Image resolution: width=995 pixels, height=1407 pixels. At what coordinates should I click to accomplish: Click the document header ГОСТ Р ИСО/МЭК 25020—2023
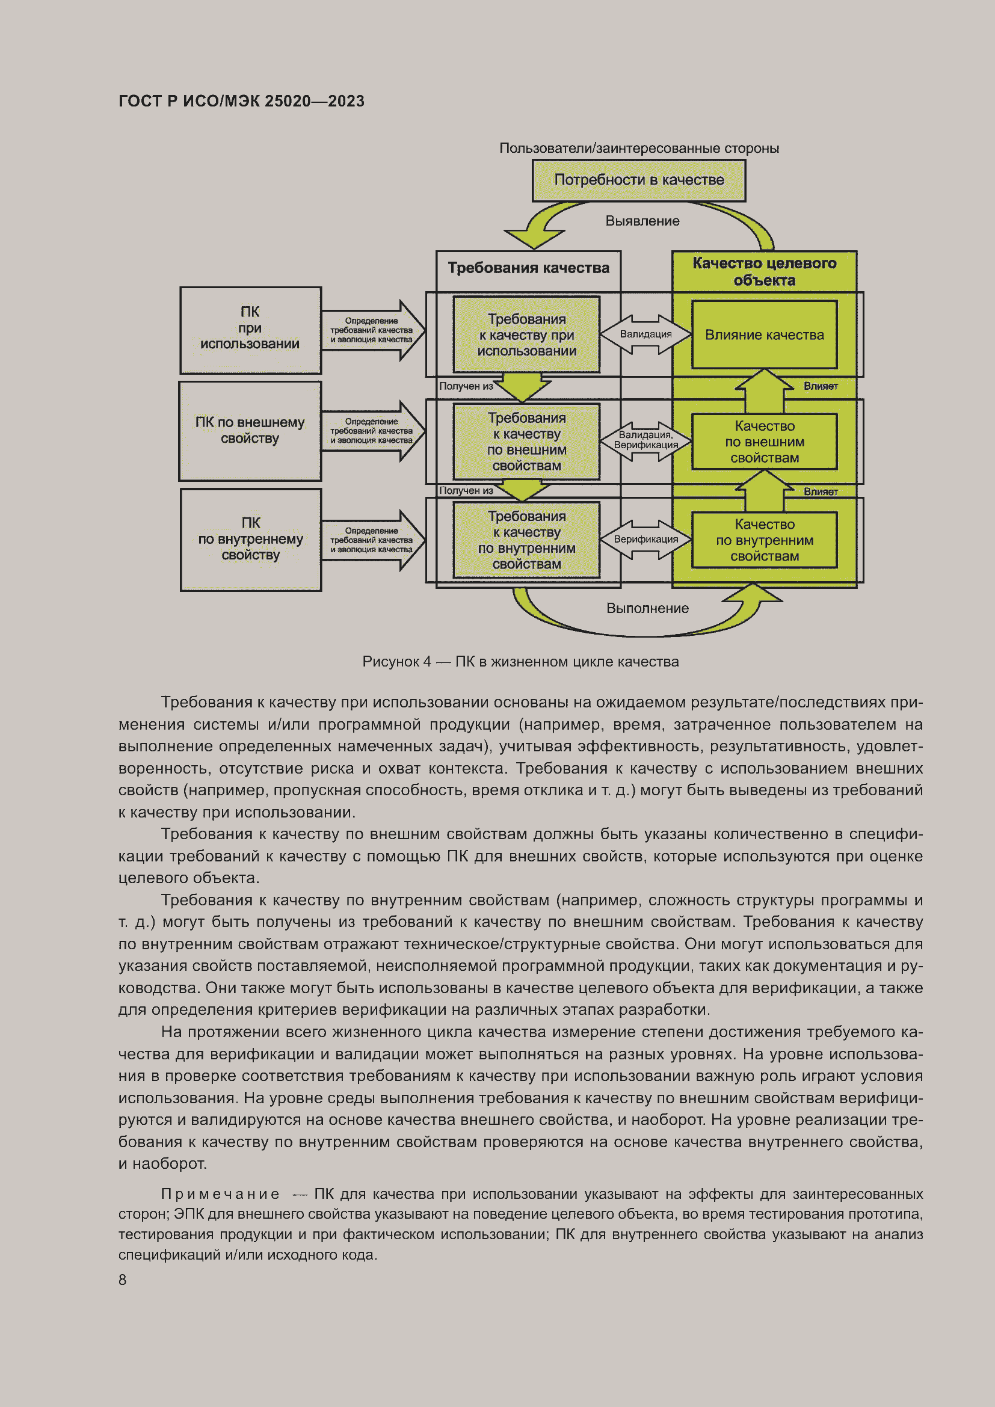241,101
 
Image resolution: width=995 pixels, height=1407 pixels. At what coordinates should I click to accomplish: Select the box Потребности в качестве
638,180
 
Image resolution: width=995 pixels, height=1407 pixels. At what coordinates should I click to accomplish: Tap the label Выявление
642,221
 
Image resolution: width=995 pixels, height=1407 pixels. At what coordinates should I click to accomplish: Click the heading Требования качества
528,268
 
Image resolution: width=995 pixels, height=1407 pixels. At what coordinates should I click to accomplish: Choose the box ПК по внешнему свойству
250,431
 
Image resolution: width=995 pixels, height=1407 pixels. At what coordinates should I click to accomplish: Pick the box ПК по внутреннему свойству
251,539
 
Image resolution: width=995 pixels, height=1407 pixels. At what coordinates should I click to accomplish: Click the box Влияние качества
764,335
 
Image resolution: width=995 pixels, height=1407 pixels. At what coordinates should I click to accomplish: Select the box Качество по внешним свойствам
764,442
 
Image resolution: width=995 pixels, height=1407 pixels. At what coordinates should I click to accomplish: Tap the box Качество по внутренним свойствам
764,541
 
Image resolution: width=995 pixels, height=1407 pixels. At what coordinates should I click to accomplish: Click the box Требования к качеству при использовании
526,335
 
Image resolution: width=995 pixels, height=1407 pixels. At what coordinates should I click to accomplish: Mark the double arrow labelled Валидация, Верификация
645,440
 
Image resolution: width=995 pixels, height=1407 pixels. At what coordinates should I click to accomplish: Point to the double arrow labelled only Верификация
645,539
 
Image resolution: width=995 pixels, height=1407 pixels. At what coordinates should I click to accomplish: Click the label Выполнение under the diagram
647,609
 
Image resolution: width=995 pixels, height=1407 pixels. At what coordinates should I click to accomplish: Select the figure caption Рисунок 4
520,662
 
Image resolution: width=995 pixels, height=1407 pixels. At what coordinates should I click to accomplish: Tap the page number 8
123,1280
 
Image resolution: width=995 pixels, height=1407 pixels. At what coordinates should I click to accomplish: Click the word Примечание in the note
220,1195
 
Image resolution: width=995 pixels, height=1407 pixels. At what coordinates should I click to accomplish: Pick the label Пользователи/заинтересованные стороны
638,149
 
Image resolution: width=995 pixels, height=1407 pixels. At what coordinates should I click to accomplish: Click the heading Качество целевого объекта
764,271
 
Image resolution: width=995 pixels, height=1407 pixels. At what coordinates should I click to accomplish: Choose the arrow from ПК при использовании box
372,330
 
